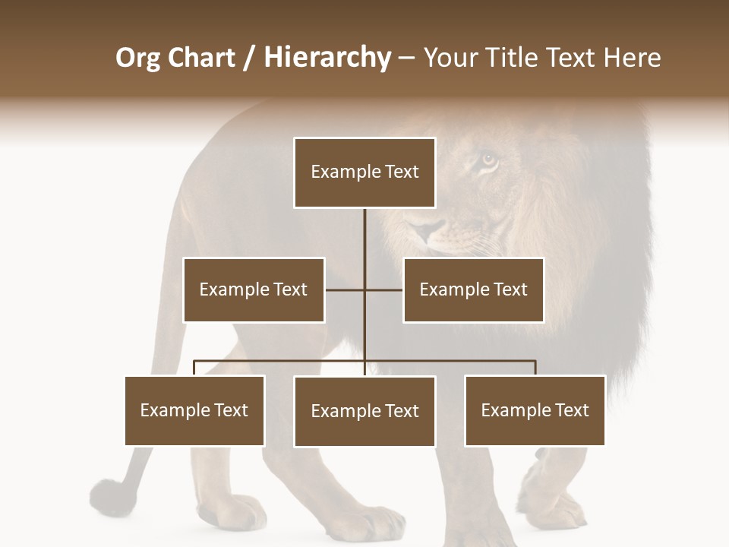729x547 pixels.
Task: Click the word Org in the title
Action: [137, 58]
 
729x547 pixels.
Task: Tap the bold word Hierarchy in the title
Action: [327, 58]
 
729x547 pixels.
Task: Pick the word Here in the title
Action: [632, 58]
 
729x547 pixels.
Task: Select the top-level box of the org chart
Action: [364, 172]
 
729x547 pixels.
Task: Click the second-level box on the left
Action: [254, 289]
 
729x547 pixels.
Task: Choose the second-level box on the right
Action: [473, 289]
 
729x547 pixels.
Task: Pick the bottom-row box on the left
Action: [194, 410]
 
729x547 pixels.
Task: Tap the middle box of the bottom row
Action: [364, 411]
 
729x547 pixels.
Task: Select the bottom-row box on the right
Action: [535, 410]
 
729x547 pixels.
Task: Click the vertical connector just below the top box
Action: [364, 236]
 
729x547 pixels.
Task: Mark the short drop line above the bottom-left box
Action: [194, 368]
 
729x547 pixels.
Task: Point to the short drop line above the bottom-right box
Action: [535, 368]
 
